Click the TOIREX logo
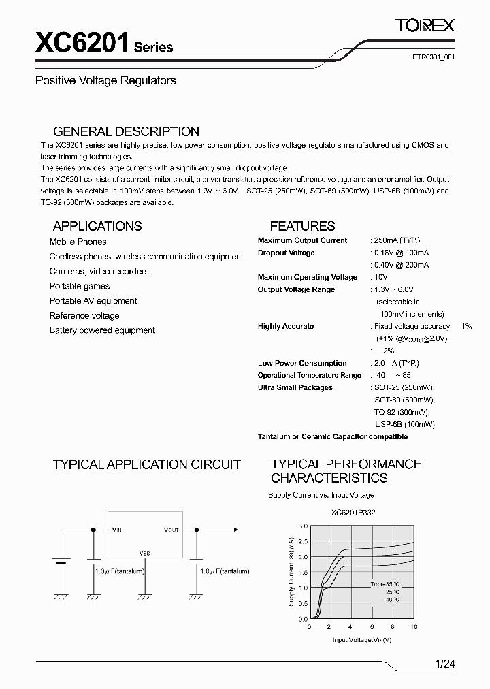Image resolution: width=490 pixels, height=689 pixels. coord(424,26)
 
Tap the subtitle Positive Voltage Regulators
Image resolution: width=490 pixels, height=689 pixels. coord(105,80)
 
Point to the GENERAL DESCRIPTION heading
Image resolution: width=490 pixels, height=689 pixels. coord(126,131)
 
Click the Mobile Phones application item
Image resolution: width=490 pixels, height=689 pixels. coord(78,242)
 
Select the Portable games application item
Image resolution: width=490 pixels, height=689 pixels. coord(79,286)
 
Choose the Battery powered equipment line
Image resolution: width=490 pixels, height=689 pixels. coord(102,330)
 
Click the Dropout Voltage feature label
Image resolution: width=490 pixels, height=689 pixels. coord(286,253)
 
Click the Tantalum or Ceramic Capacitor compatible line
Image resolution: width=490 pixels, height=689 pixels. coord(333,436)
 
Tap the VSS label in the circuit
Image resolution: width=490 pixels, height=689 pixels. coord(144,553)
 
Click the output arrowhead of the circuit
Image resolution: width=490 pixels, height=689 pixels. coord(236,529)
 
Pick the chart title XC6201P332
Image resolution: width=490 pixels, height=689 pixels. coord(352,513)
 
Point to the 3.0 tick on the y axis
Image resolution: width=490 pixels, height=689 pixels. coord(303,526)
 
